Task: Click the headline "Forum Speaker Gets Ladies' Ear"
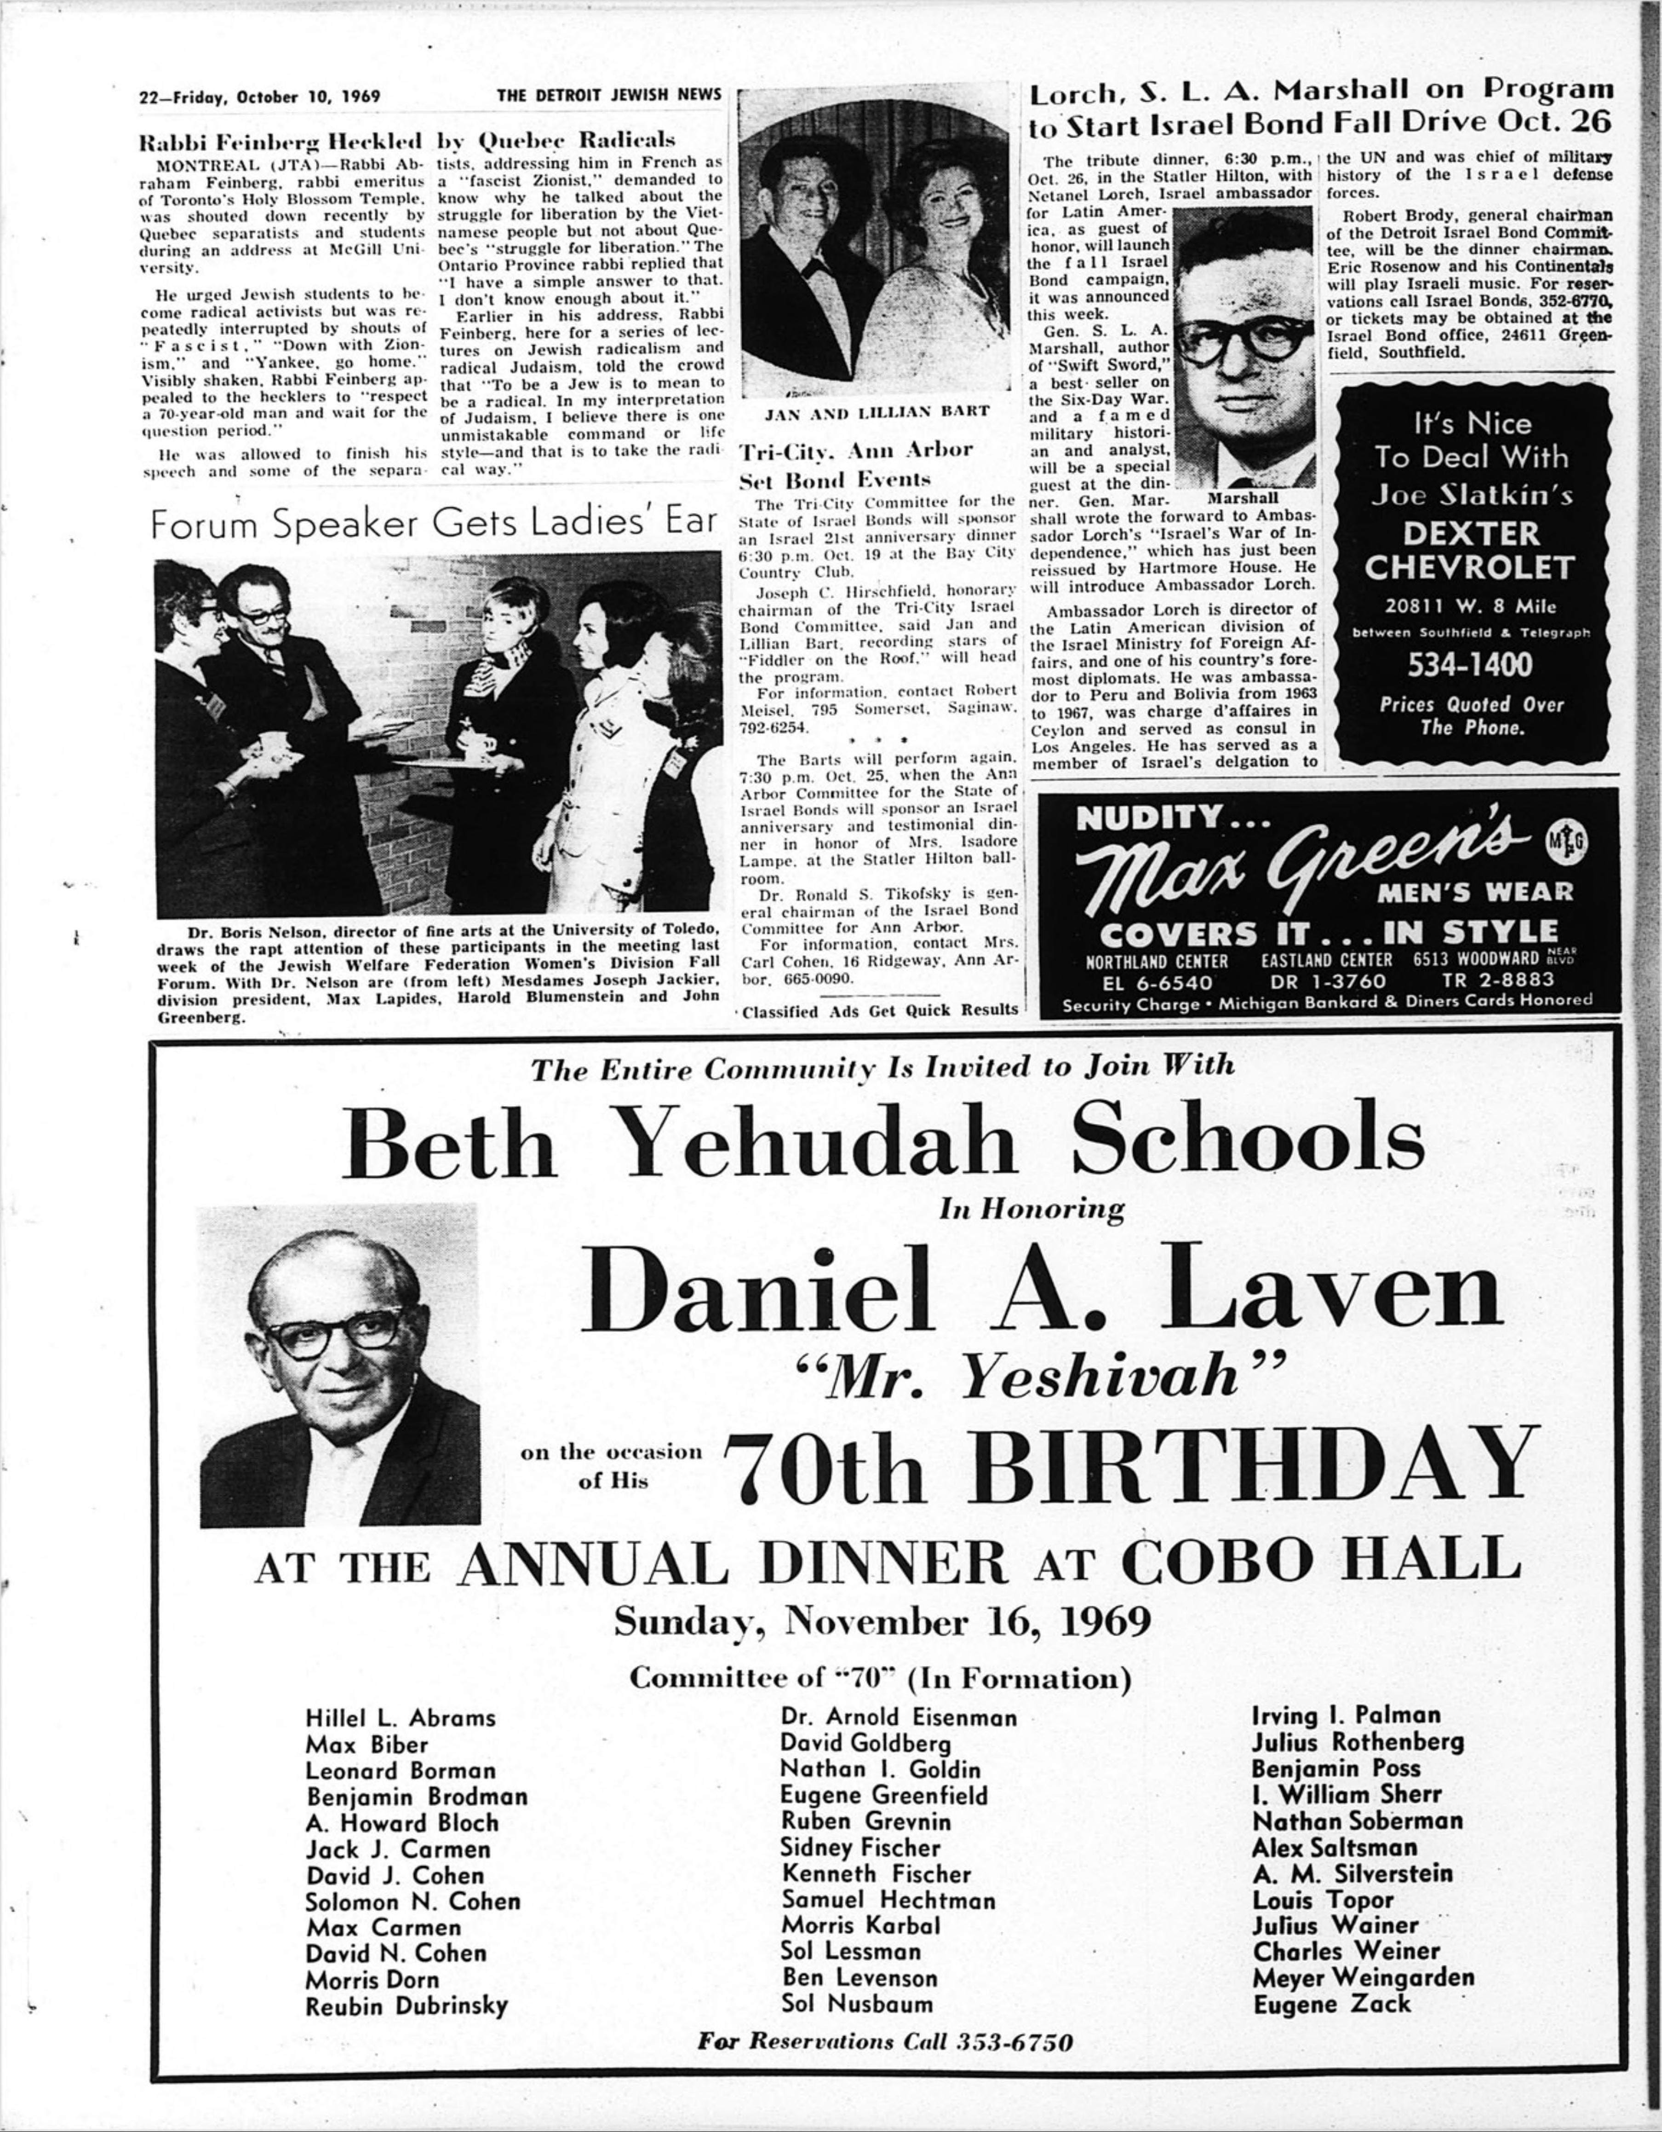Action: coord(435,525)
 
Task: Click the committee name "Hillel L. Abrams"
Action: coord(400,1718)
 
